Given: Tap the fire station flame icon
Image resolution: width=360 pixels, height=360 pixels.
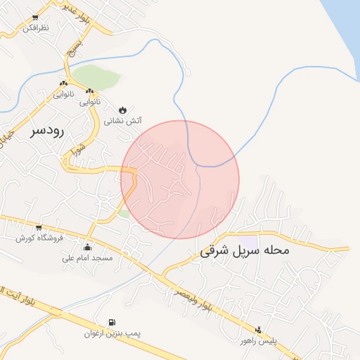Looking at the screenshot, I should coord(123,110).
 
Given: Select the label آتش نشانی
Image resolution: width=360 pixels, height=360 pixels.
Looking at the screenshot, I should coord(123,120).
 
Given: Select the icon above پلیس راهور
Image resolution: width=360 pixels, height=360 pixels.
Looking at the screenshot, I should coord(258,330).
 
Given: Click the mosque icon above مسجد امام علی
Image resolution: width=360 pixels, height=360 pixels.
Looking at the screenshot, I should coord(87,247).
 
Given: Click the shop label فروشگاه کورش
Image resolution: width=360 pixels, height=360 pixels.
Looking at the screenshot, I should coord(40,238).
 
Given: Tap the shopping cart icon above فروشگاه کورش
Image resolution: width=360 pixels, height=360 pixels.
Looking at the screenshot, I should coord(39,227).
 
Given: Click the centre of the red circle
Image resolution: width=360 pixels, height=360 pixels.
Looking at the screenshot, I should coord(180,180).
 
